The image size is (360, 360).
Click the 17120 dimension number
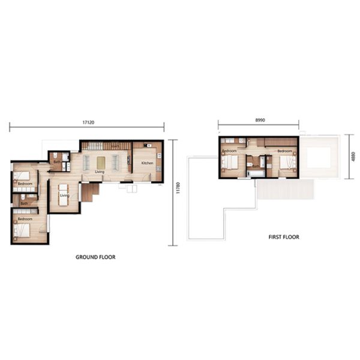[x=88, y=122]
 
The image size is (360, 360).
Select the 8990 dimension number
[x=260, y=120]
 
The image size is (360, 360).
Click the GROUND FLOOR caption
[x=95, y=257]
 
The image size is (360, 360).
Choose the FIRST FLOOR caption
[x=284, y=237]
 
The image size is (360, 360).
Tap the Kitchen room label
[x=147, y=163]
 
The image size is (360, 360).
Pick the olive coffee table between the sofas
[x=100, y=162]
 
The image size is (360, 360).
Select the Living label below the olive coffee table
[x=100, y=172]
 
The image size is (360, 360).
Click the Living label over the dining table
[x=64, y=195]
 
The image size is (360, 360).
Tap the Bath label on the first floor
[x=256, y=166]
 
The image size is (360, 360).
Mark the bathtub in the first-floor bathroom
[x=256, y=173]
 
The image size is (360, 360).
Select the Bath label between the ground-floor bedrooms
[x=24, y=203]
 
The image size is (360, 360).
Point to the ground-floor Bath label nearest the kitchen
[x=56, y=161]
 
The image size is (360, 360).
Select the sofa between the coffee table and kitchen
[x=116, y=162]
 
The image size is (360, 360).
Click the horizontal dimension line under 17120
[x=88, y=127]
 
